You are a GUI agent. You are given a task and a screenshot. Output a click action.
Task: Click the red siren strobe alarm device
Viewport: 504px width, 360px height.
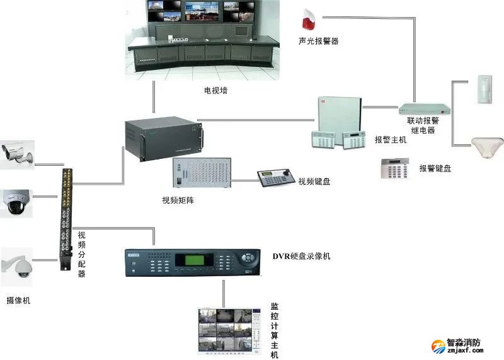point(308,20)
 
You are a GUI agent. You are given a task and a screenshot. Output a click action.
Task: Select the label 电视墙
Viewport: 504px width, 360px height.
point(215,91)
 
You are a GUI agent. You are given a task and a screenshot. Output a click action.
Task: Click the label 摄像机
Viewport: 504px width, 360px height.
point(18,301)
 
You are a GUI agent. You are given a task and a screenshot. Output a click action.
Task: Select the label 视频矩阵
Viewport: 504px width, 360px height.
point(178,200)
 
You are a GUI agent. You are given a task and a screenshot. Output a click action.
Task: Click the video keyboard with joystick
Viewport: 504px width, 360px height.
point(275,178)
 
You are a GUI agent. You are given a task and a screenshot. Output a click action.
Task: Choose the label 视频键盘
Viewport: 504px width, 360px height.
point(314,182)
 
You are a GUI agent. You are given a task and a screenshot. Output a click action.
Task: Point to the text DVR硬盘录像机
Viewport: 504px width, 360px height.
point(301,257)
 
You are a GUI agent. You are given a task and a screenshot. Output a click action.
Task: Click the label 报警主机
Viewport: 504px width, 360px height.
point(391,140)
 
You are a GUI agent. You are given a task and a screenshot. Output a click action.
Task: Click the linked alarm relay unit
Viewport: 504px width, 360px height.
point(418,108)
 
